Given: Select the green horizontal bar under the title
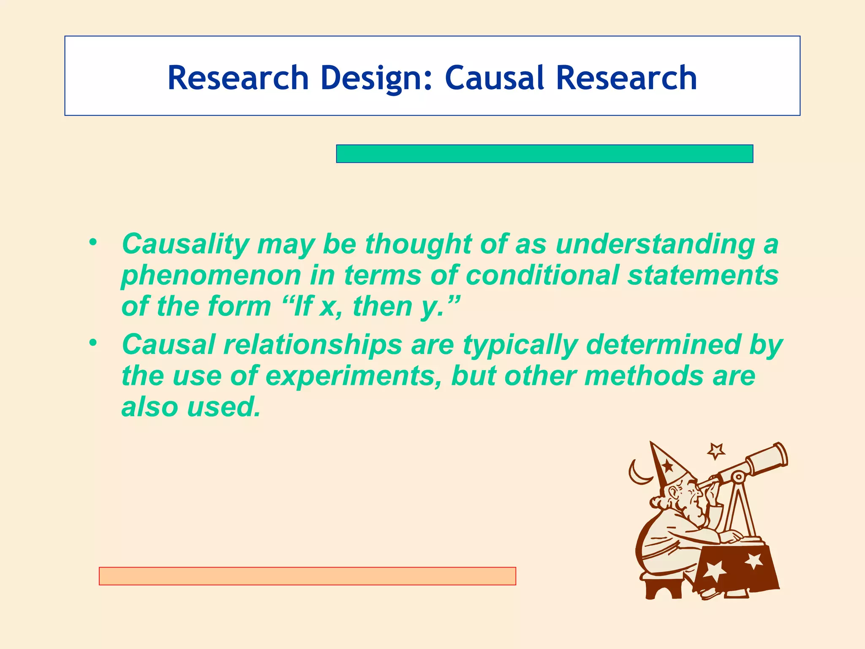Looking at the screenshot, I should point(544,153).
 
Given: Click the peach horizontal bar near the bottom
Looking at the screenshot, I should point(307,576).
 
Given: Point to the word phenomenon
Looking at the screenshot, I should point(211,275).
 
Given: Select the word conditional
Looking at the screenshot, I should point(542,275).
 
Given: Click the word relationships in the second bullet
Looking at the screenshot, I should point(313,344).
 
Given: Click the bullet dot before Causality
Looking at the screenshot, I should point(93,242).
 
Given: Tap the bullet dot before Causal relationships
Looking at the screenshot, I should point(93,343).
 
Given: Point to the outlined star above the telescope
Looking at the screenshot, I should point(716,451).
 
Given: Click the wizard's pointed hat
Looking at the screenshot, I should point(667,467).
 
